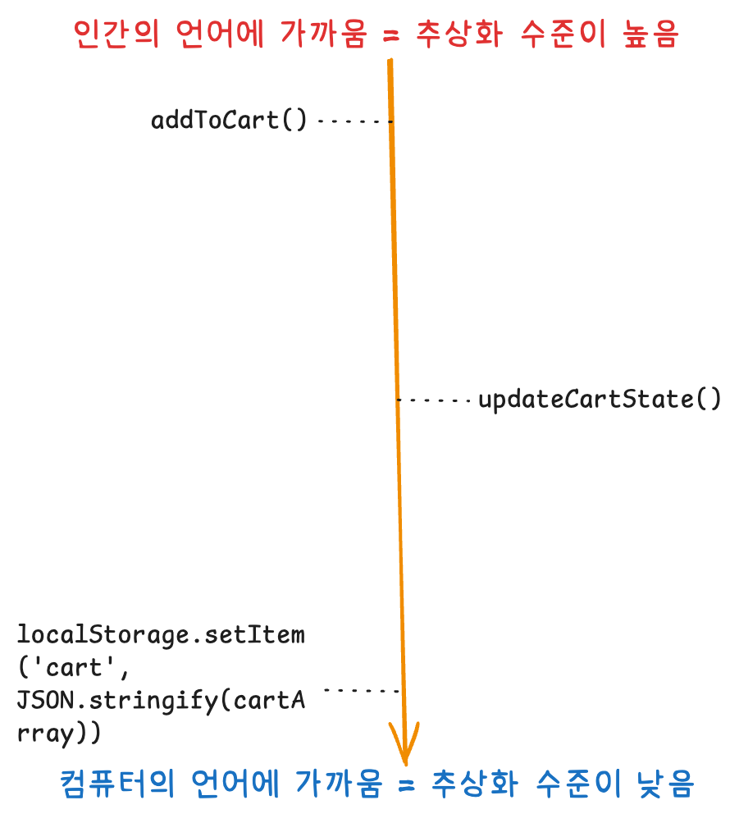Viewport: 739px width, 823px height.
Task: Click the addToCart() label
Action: pyautogui.click(x=229, y=121)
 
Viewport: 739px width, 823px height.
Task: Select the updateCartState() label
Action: pyautogui.click(x=600, y=400)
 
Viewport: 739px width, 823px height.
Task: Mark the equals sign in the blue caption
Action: pyautogui.click(x=404, y=785)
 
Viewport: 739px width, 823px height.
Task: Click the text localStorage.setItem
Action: pyautogui.click(x=161, y=635)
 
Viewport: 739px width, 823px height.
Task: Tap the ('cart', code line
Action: pyautogui.click(x=73, y=667)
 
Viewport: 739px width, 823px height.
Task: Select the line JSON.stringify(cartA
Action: pyautogui.click(x=161, y=700)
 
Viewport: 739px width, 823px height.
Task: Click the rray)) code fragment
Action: pyautogui.click(x=59, y=732)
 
